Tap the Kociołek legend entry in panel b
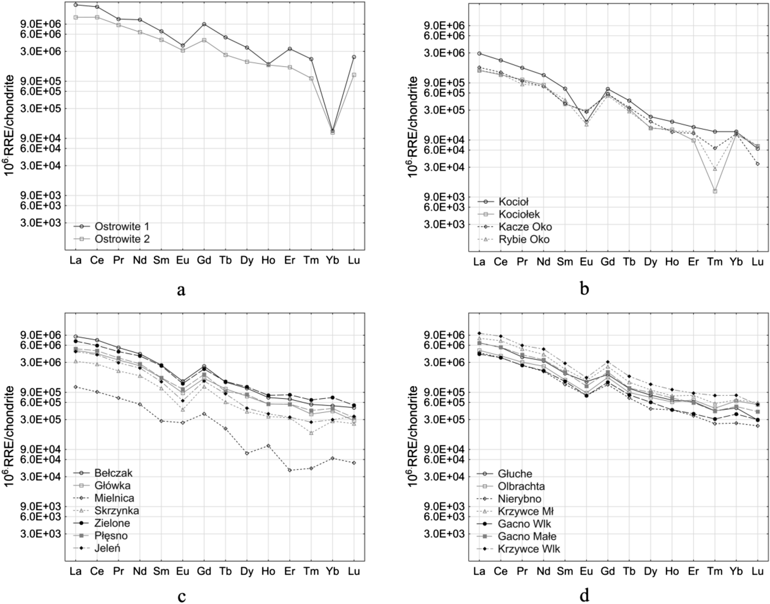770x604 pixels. [x=519, y=214]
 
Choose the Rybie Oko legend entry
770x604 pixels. [x=524, y=239]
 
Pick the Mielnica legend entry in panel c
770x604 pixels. [x=114, y=498]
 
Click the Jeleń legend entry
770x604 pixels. [x=107, y=548]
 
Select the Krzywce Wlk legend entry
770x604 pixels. [x=529, y=549]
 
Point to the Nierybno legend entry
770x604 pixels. [x=519, y=499]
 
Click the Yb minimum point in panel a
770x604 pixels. [x=333, y=132]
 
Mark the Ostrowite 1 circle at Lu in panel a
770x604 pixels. [x=354, y=57]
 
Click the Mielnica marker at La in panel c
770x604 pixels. [x=76, y=387]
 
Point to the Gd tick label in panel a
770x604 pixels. [x=204, y=261]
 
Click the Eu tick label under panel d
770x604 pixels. [x=586, y=571]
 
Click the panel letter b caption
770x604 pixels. [x=584, y=289]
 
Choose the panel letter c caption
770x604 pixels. [x=181, y=596]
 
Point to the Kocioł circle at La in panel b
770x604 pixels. [x=479, y=53]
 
